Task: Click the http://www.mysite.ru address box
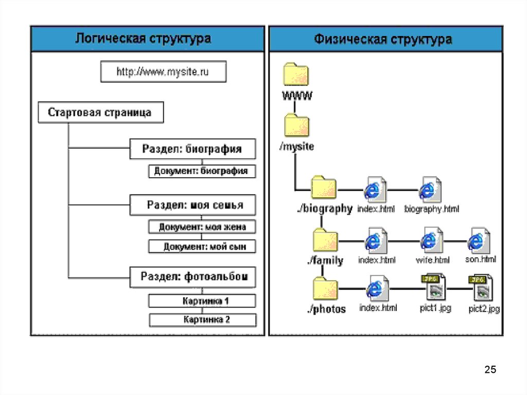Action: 163,72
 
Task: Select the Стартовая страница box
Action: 101,113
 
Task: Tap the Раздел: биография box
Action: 192,149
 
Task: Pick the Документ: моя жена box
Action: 202,227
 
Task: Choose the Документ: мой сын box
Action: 202,247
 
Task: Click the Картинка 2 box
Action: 202,320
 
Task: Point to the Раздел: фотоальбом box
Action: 192,277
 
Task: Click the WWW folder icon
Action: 296,75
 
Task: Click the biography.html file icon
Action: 430,190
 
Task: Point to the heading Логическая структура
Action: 144,39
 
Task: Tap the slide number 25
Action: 490,369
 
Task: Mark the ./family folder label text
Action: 325,261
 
